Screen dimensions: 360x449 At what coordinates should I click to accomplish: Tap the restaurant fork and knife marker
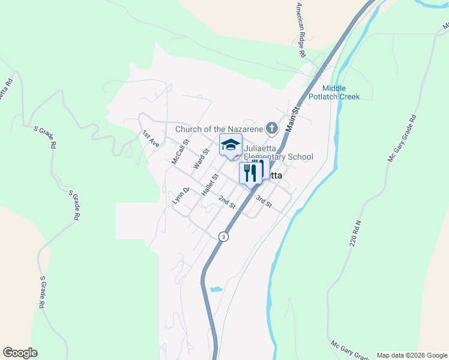pyautogui.click(x=250, y=172)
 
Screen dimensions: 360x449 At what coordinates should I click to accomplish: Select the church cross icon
pyautogui.click(x=272, y=128)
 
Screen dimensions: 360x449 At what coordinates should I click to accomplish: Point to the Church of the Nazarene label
pyautogui.click(x=219, y=128)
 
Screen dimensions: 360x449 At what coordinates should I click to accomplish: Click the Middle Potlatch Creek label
pyautogui.click(x=334, y=92)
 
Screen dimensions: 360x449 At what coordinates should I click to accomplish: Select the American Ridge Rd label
pyautogui.click(x=300, y=29)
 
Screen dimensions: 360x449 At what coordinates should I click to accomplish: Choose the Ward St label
pyautogui.click(x=200, y=158)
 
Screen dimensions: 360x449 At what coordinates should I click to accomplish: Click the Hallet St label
pyautogui.click(x=209, y=185)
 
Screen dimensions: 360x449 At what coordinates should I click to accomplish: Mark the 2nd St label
pyautogui.click(x=226, y=202)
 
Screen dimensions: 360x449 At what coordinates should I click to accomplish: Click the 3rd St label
pyautogui.click(x=264, y=202)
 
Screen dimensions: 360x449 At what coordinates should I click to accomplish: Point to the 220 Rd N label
pyautogui.click(x=358, y=230)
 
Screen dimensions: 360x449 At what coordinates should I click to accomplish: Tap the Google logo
pyautogui.click(x=20, y=353)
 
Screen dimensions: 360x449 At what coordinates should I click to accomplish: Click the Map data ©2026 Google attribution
pyautogui.click(x=412, y=355)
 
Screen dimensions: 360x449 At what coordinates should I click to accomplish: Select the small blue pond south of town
pyautogui.click(x=215, y=289)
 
